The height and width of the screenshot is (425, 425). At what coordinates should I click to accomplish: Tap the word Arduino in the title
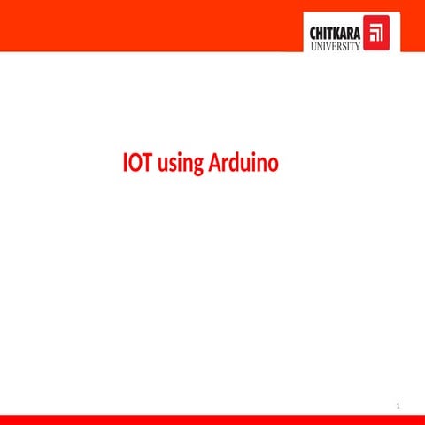[243, 164]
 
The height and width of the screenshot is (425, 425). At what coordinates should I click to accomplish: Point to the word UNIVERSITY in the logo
[336, 46]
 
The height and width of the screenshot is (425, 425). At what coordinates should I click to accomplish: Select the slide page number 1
[399, 406]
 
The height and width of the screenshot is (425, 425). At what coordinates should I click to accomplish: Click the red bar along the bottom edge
[212, 420]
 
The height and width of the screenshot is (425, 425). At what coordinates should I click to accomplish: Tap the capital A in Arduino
[213, 164]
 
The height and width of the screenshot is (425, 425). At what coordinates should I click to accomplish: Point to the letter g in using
[197, 166]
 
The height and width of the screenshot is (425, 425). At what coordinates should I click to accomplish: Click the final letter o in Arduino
[274, 166]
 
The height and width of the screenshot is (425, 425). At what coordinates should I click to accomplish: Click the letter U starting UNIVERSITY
[313, 46]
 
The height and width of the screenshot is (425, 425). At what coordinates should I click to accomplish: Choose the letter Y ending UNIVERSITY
[358, 46]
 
